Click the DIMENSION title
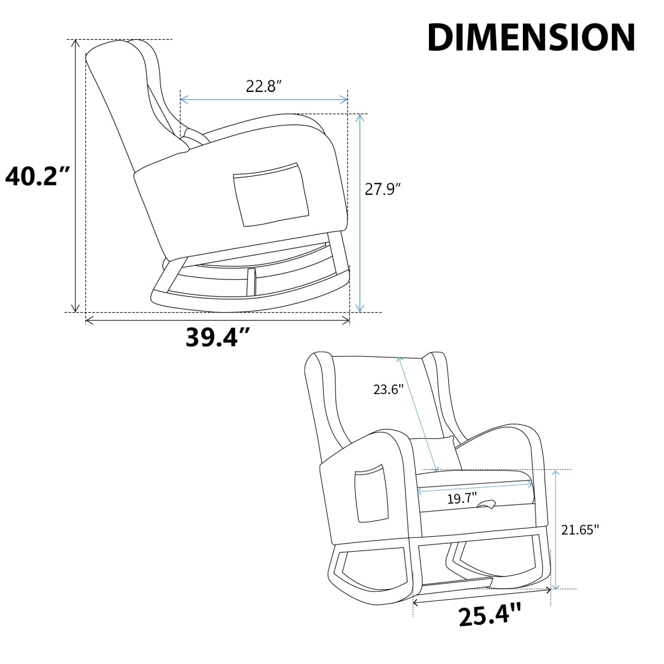pyautogui.click(x=531, y=38)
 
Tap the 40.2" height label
pyautogui.click(x=38, y=176)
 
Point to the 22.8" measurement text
pyautogui.click(x=264, y=86)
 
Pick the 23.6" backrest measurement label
pyautogui.click(x=388, y=390)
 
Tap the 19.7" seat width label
pyautogui.click(x=462, y=498)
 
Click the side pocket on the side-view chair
pyautogui.click(x=271, y=195)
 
